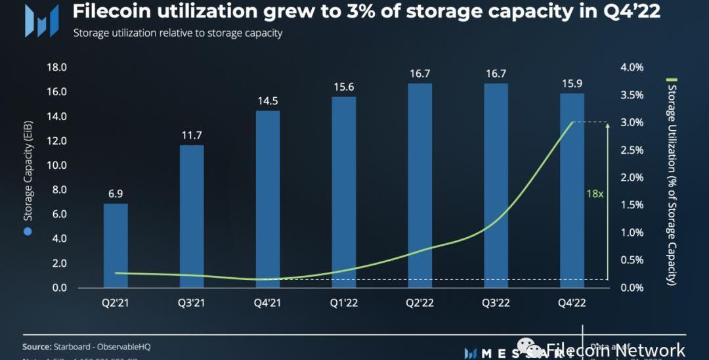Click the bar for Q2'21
(x=116, y=246)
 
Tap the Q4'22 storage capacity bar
(x=572, y=191)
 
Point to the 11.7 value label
(x=192, y=135)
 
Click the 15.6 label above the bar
(x=344, y=87)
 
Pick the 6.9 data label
(x=116, y=194)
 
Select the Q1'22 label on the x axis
(x=344, y=302)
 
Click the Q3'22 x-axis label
(x=496, y=302)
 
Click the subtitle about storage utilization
(x=177, y=34)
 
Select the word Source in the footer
(x=37, y=346)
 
